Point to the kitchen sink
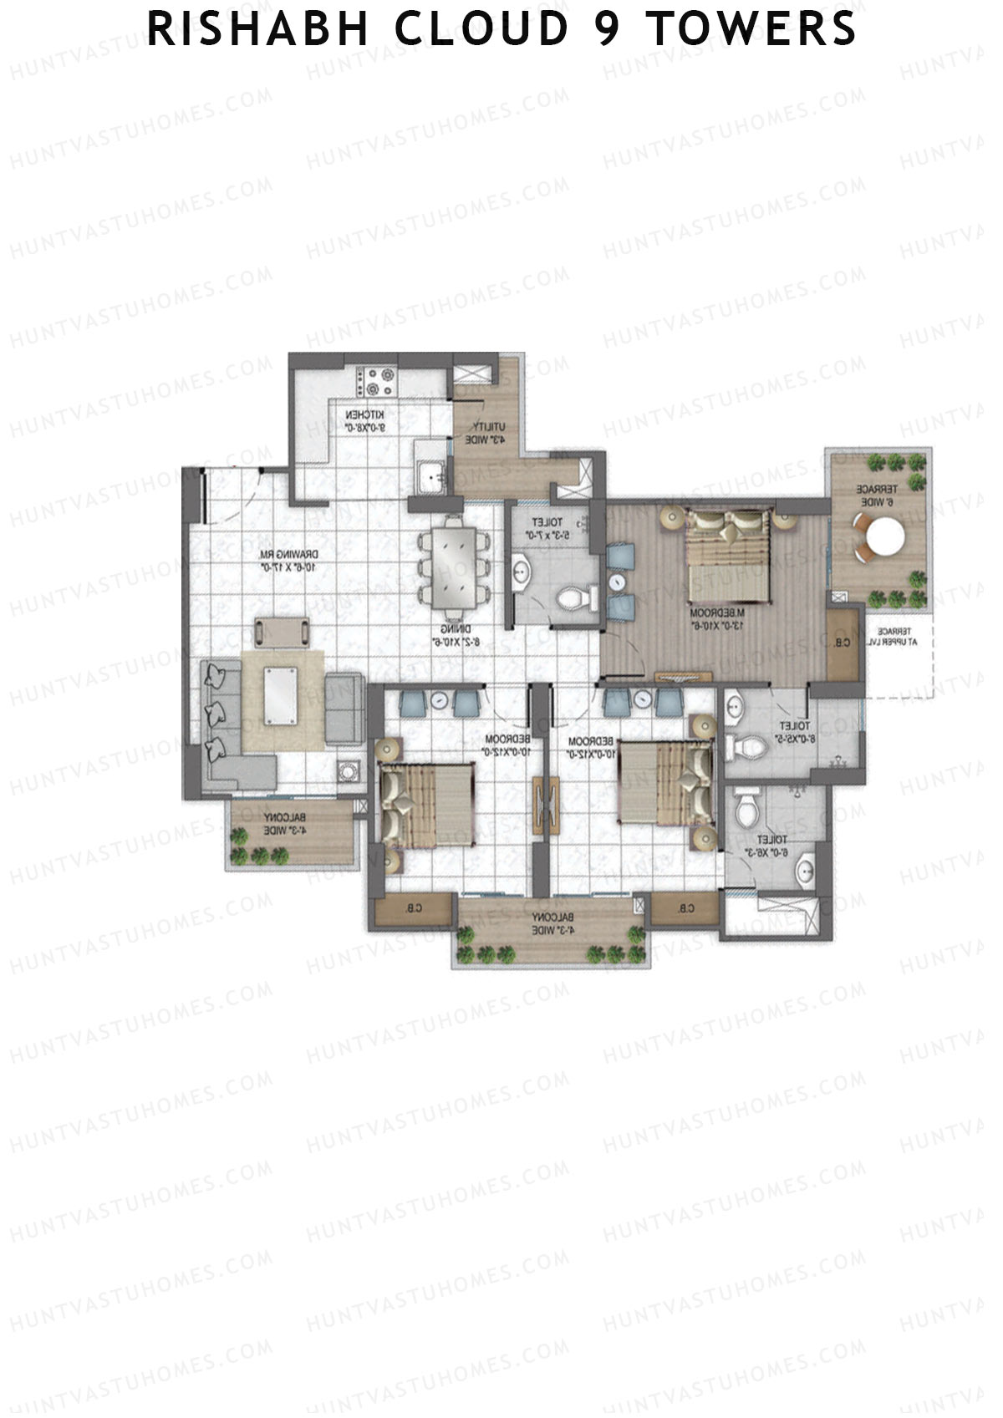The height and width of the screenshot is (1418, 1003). pyautogui.click(x=431, y=474)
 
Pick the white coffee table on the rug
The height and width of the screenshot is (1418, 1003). pyautogui.click(x=282, y=695)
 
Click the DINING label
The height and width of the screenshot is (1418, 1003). pyautogui.click(x=459, y=636)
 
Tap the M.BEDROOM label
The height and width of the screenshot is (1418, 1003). pyautogui.click(x=718, y=619)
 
